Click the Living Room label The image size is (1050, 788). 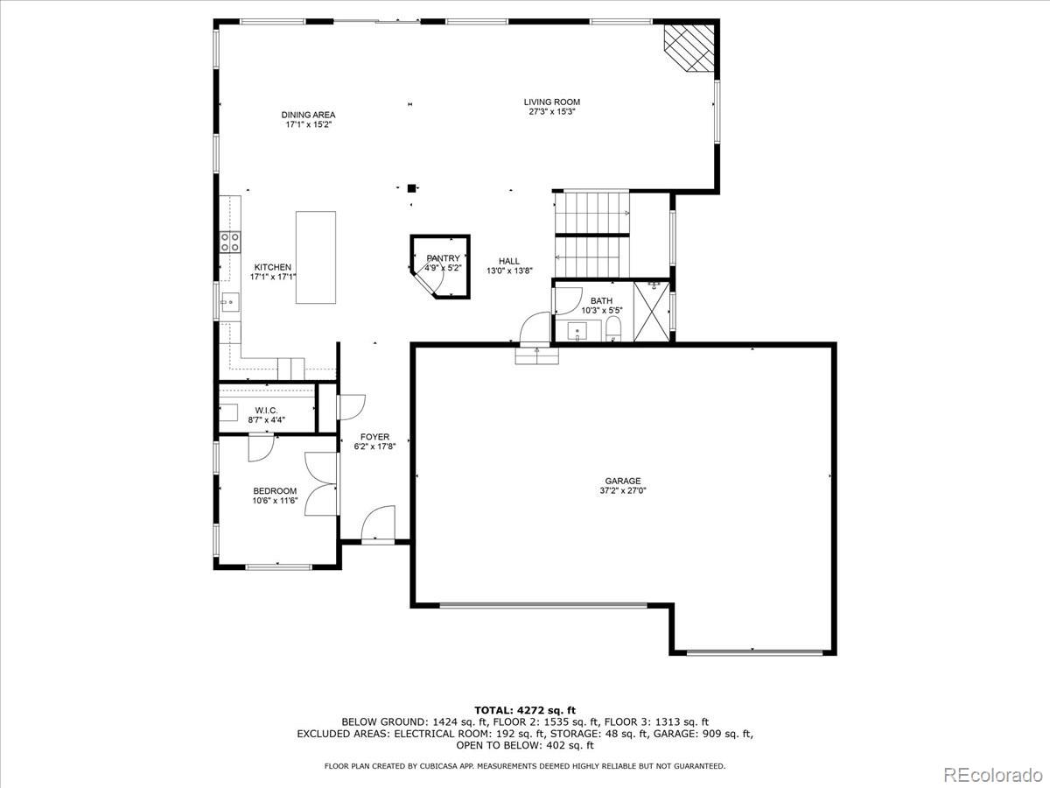coord(552,102)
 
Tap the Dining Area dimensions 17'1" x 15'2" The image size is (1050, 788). coord(308,124)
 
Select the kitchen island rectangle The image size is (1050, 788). coord(316,257)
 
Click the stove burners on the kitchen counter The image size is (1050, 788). coord(230,242)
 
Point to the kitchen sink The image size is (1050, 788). coord(228,304)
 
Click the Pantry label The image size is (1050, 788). coord(443,258)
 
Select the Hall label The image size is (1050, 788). coord(508,261)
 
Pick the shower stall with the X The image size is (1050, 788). coord(650,310)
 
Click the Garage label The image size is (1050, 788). coord(622,481)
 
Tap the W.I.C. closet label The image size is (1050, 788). coord(266,410)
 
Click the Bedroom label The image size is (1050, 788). coord(275,490)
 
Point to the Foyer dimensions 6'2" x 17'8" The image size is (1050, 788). coord(374,447)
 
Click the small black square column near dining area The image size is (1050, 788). coord(411,187)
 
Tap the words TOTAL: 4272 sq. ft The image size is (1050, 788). coord(525,710)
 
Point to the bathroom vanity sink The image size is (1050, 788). coord(577,331)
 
